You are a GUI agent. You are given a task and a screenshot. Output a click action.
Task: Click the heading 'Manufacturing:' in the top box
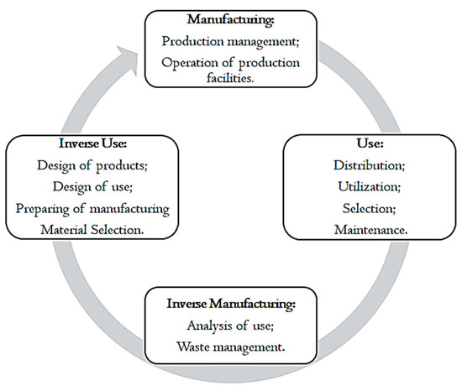230,20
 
